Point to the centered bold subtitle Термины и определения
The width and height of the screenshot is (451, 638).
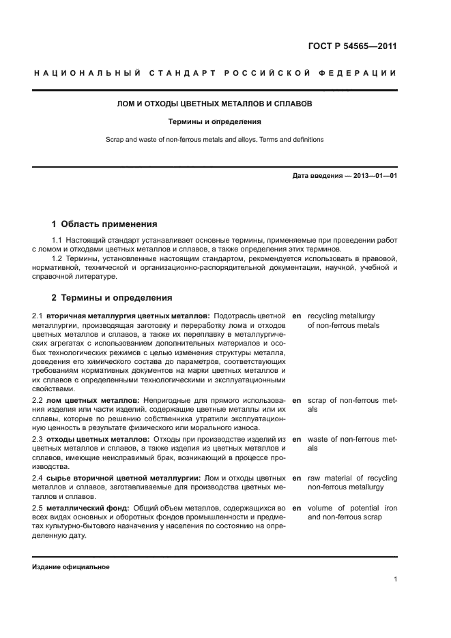[215, 122]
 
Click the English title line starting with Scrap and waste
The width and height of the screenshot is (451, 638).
[215, 140]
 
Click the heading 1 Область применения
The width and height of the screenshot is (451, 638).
[104, 224]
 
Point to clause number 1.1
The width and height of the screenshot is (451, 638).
[58, 241]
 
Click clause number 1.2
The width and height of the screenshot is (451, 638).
[58, 259]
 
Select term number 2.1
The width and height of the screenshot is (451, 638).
[38, 316]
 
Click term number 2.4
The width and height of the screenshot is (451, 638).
[38, 478]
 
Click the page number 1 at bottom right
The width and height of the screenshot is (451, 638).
[395, 579]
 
